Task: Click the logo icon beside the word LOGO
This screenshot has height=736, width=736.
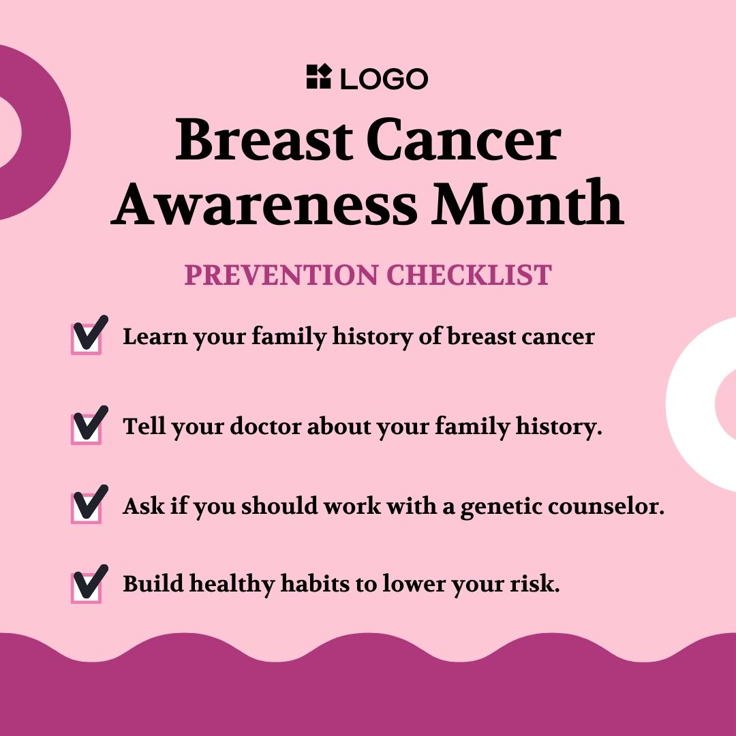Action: (319, 76)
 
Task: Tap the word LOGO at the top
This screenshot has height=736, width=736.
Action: (384, 78)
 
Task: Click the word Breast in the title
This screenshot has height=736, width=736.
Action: (264, 140)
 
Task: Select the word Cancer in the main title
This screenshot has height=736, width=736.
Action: (463, 140)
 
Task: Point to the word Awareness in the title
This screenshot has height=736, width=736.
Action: (264, 203)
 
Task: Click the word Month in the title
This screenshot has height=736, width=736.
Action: (527, 202)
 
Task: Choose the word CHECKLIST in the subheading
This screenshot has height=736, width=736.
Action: (469, 275)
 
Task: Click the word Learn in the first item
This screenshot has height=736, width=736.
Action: (155, 336)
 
